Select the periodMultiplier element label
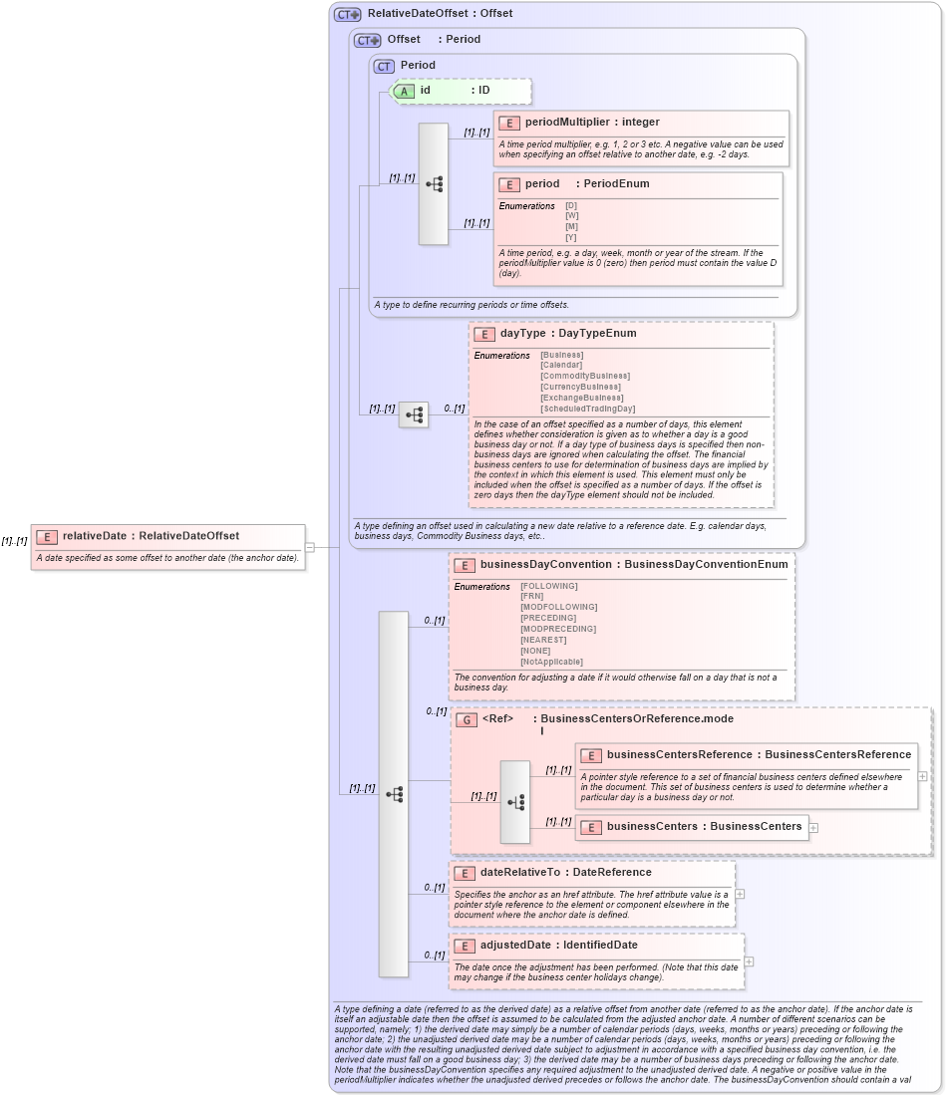[567, 122]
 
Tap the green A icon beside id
[404, 91]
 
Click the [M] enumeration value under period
[571, 226]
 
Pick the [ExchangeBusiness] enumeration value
[582, 398]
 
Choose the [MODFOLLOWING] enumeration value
[558, 607]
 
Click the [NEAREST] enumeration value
[544, 640]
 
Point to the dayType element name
[522, 334]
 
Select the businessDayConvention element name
[545, 564]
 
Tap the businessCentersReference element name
[680, 754]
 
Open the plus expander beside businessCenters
[814, 827]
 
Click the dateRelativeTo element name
[522, 873]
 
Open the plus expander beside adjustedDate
[749, 961]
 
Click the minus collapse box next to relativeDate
[310, 547]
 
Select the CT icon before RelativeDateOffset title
[347, 14]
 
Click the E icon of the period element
[508, 184]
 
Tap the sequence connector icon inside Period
[434, 184]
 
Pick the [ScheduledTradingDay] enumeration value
[587, 409]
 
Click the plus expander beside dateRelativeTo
[740, 894]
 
